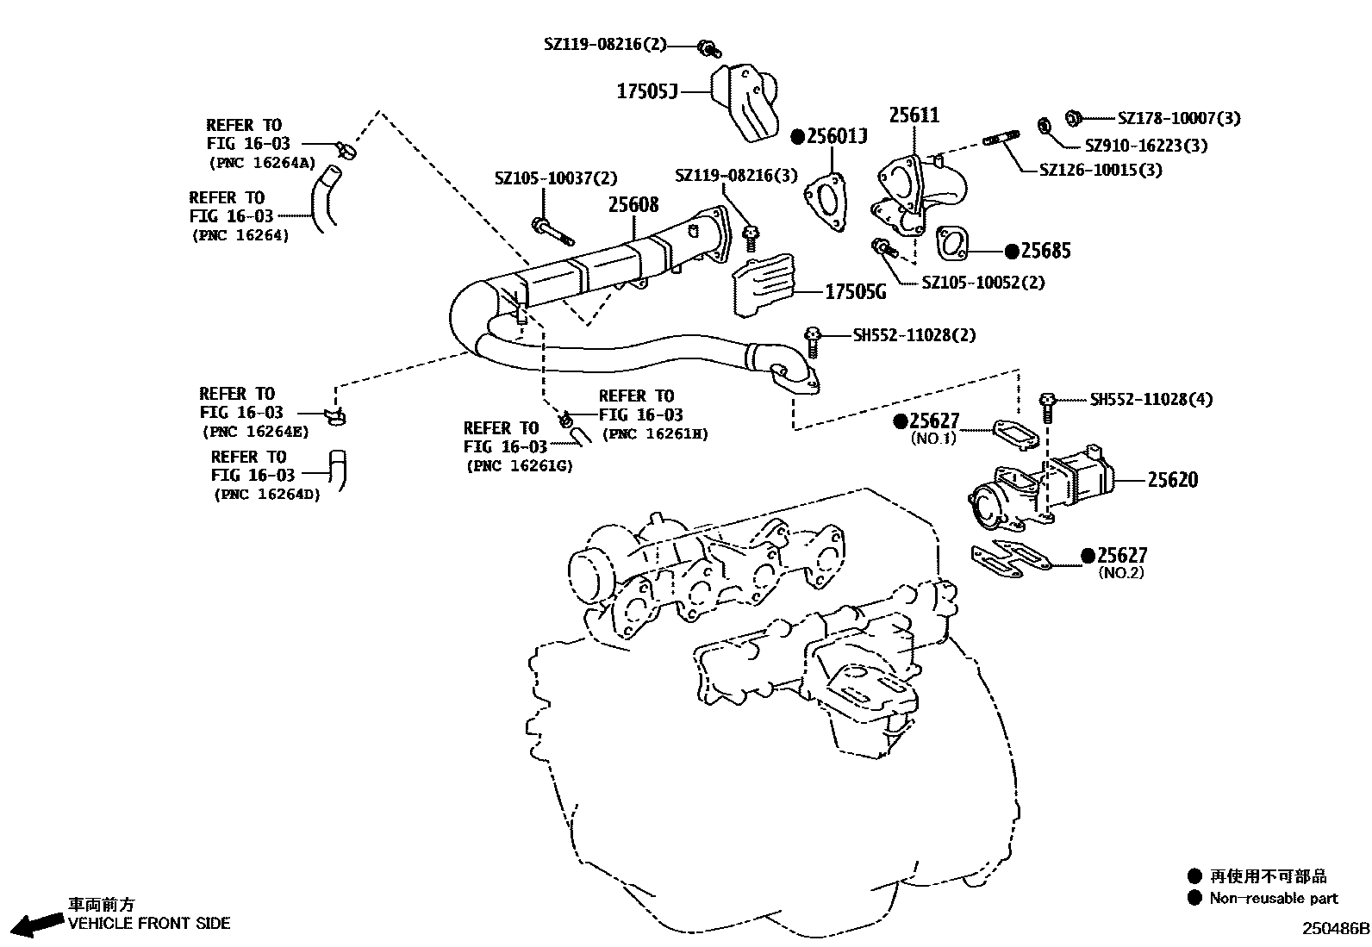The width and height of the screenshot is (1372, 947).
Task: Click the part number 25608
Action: click(x=633, y=204)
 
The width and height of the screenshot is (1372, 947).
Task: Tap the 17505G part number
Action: click(x=855, y=292)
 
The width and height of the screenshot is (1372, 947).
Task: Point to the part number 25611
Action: click(x=914, y=115)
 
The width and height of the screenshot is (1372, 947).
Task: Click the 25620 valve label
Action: click(x=1172, y=479)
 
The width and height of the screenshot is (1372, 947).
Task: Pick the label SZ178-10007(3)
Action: click(x=1179, y=118)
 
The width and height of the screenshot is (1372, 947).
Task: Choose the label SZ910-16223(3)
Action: click(x=1145, y=146)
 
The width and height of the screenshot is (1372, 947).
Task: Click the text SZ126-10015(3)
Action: click(x=1101, y=170)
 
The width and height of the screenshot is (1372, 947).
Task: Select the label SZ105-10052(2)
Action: click(x=982, y=282)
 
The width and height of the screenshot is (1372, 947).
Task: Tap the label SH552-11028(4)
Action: click(x=1151, y=399)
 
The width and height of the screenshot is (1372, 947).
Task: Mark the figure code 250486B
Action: click(x=1335, y=929)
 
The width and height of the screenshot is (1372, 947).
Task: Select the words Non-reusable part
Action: click(x=1273, y=898)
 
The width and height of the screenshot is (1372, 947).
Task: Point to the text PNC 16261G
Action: click(x=520, y=466)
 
